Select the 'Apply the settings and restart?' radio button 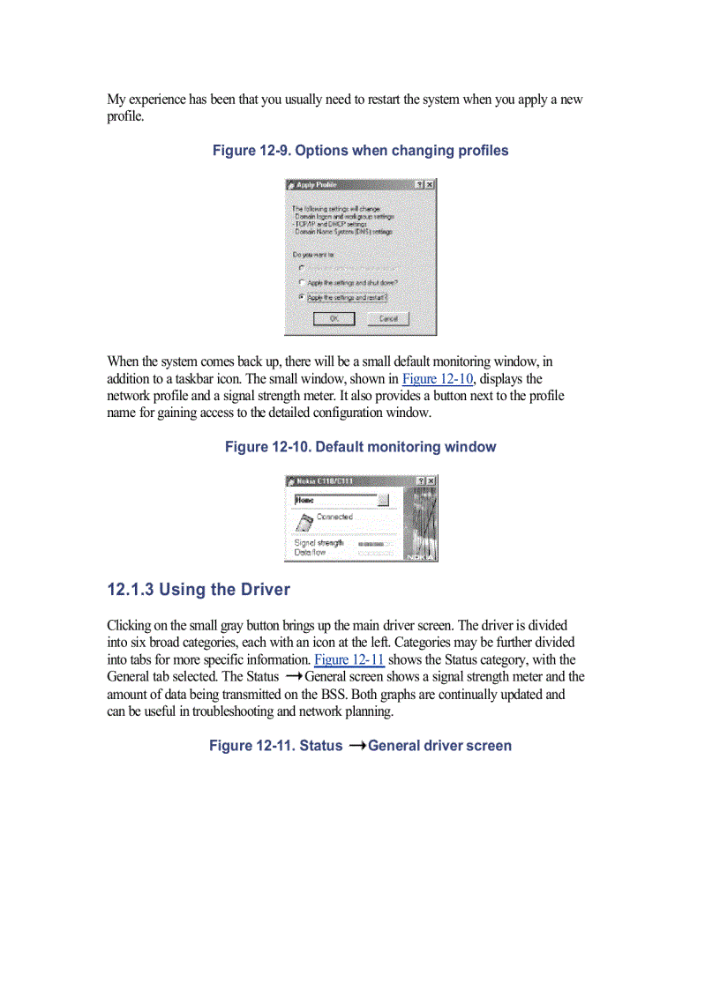302,298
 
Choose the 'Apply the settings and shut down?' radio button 302,282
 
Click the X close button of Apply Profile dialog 430,185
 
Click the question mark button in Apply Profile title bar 419,185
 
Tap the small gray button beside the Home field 383,500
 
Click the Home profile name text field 334,500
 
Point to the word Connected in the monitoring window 334,517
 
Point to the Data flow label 310,553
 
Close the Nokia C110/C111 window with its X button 431,480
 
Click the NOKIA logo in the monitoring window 420,556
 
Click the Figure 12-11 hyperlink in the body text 349,660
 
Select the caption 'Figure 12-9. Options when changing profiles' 360,151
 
